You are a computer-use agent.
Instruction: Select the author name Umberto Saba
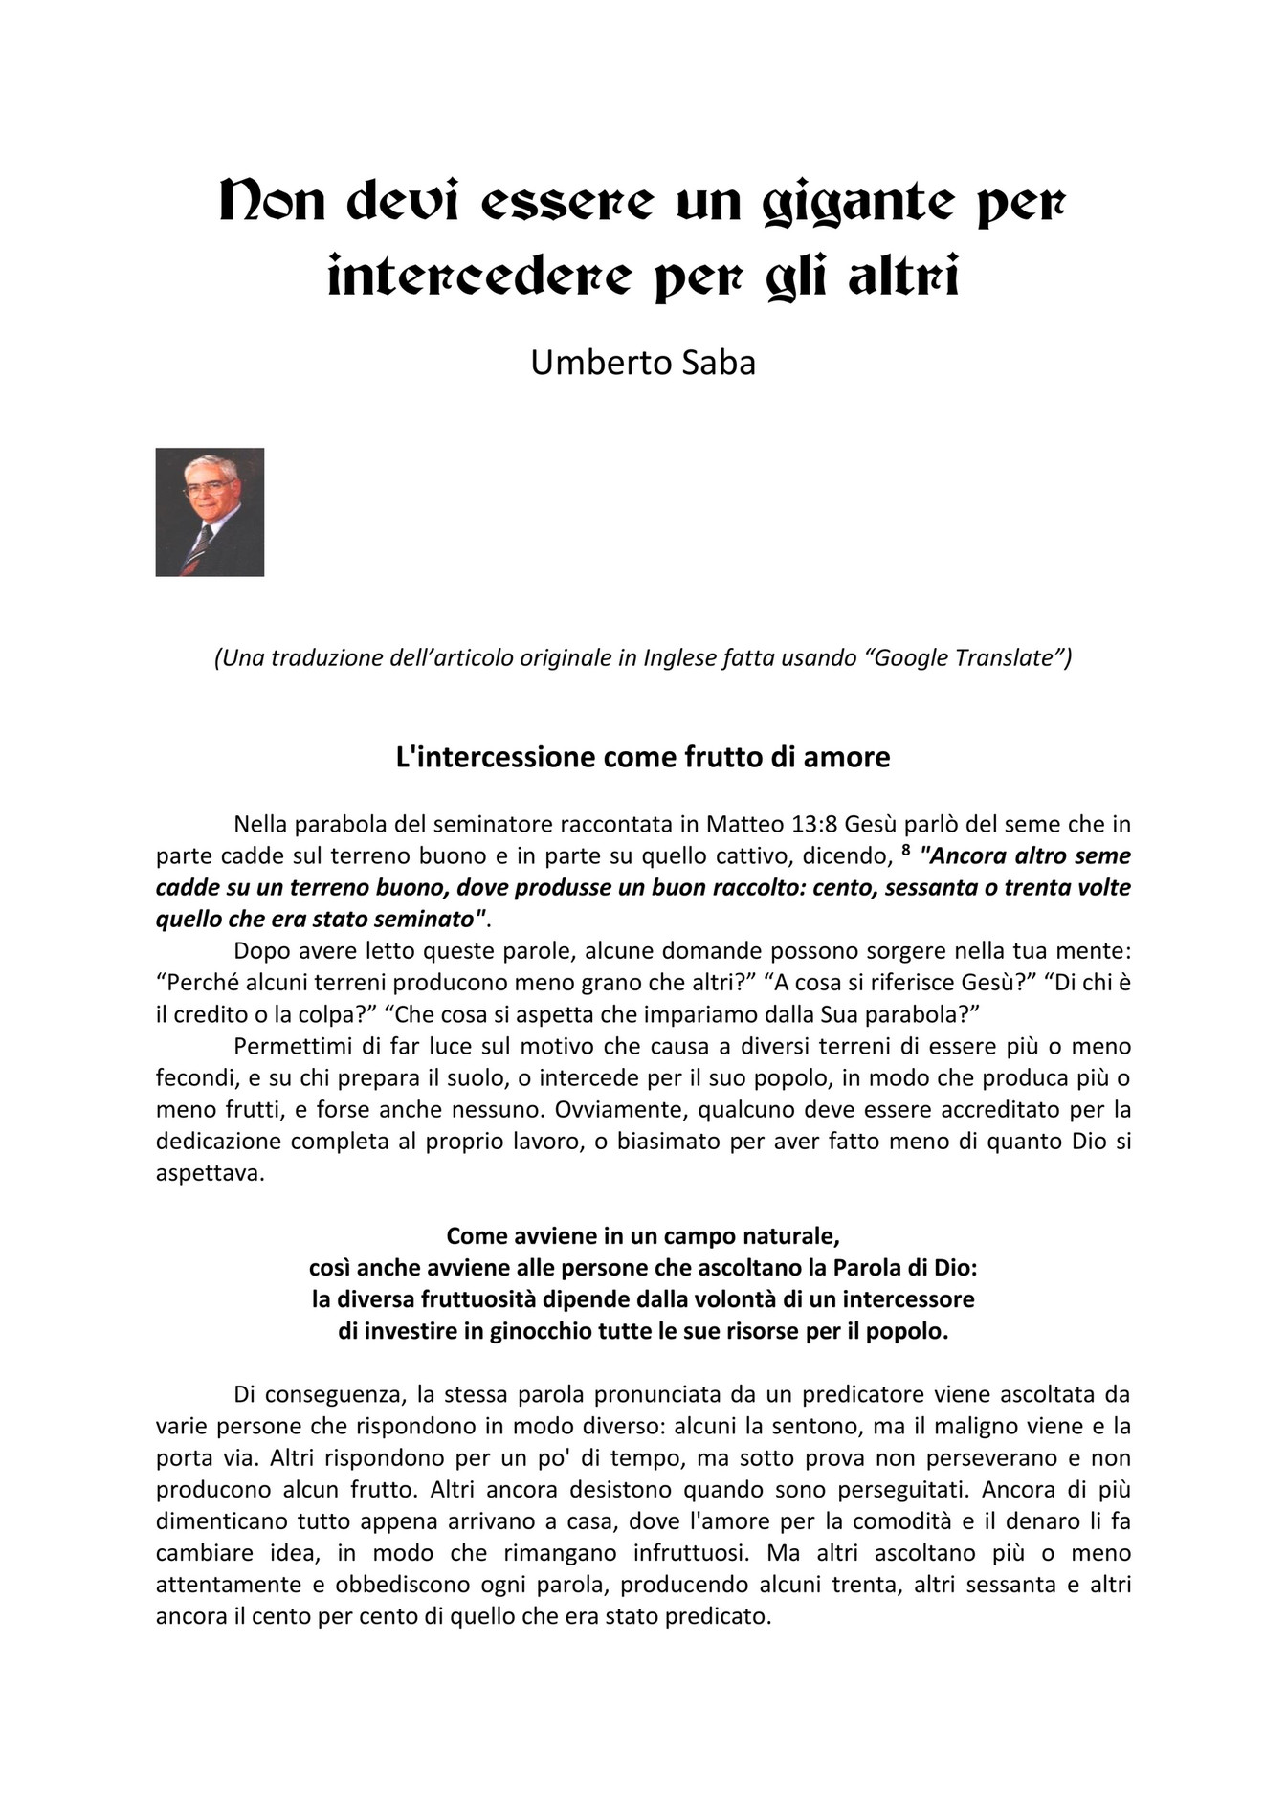point(643,363)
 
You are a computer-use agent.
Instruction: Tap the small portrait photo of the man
point(210,512)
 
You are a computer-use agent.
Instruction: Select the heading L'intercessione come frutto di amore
point(643,757)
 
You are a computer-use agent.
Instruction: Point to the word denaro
point(1055,1521)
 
